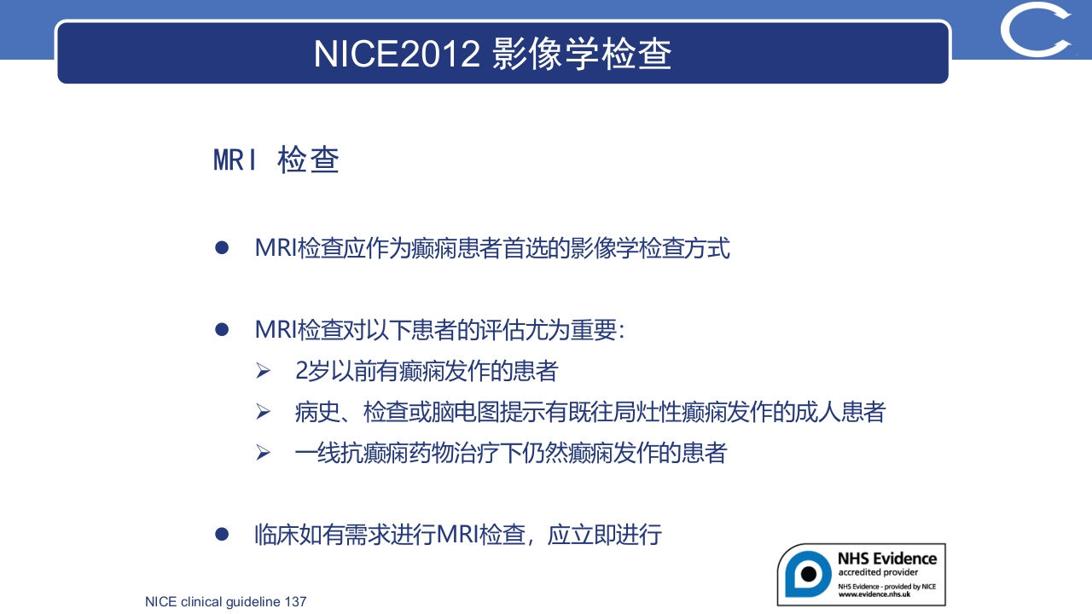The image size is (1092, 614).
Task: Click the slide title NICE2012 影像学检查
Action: pyautogui.click(x=493, y=53)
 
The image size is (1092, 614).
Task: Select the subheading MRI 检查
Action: pyautogui.click(x=276, y=159)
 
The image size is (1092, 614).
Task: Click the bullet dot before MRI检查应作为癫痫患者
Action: pyautogui.click(x=223, y=248)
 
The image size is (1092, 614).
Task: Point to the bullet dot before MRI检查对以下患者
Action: pyautogui.click(x=223, y=329)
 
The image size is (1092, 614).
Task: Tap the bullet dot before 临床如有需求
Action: pyautogui.click(x=223, y=535)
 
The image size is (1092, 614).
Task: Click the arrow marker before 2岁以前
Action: pyautogui.click(x=263, y=372)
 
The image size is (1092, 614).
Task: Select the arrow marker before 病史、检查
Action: pyautogui.click(x=263, y=413)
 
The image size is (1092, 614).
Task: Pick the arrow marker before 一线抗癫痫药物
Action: pyautogui.click(x=263, y=453)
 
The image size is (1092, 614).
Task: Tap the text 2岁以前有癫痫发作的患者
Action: pyautogui.click(x=427, y=371)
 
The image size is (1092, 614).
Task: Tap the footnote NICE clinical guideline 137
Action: pyautogui.click(x=225, y=602)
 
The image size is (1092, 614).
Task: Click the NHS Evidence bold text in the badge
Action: pyautogui.click(x=886, y=559)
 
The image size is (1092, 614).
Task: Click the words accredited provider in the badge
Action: pyautogui.click(x=878, y=572)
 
